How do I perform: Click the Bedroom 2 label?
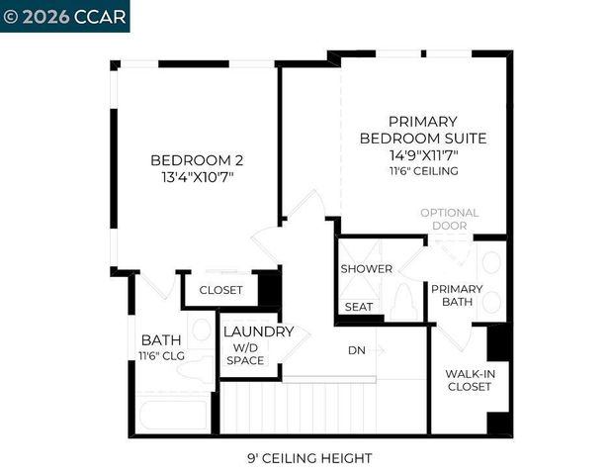point(197,160)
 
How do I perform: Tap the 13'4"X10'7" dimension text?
point(197,177)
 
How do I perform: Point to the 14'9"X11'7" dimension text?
point(422,155)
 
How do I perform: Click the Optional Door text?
point(449,219)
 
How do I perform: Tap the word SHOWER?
point(366,269)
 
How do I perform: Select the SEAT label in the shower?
point(359,307)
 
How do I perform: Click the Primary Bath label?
point(457,296)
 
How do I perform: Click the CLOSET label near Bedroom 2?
point(220,290)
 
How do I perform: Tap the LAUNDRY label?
point(258,332)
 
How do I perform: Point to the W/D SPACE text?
point(245,354)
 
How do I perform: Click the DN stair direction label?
point(357,349)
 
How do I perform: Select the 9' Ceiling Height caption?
point(309,458)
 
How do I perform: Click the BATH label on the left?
point(160,339)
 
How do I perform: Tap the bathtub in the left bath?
point(173,414)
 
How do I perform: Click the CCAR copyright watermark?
point(64,16)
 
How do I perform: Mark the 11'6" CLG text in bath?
point(162,356)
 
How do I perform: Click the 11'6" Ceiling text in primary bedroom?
point(422,171)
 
